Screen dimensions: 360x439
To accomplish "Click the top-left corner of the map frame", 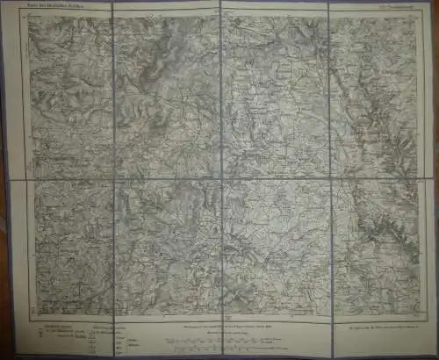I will coord(30,15).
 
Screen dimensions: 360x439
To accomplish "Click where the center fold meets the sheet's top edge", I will coord(220,3).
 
